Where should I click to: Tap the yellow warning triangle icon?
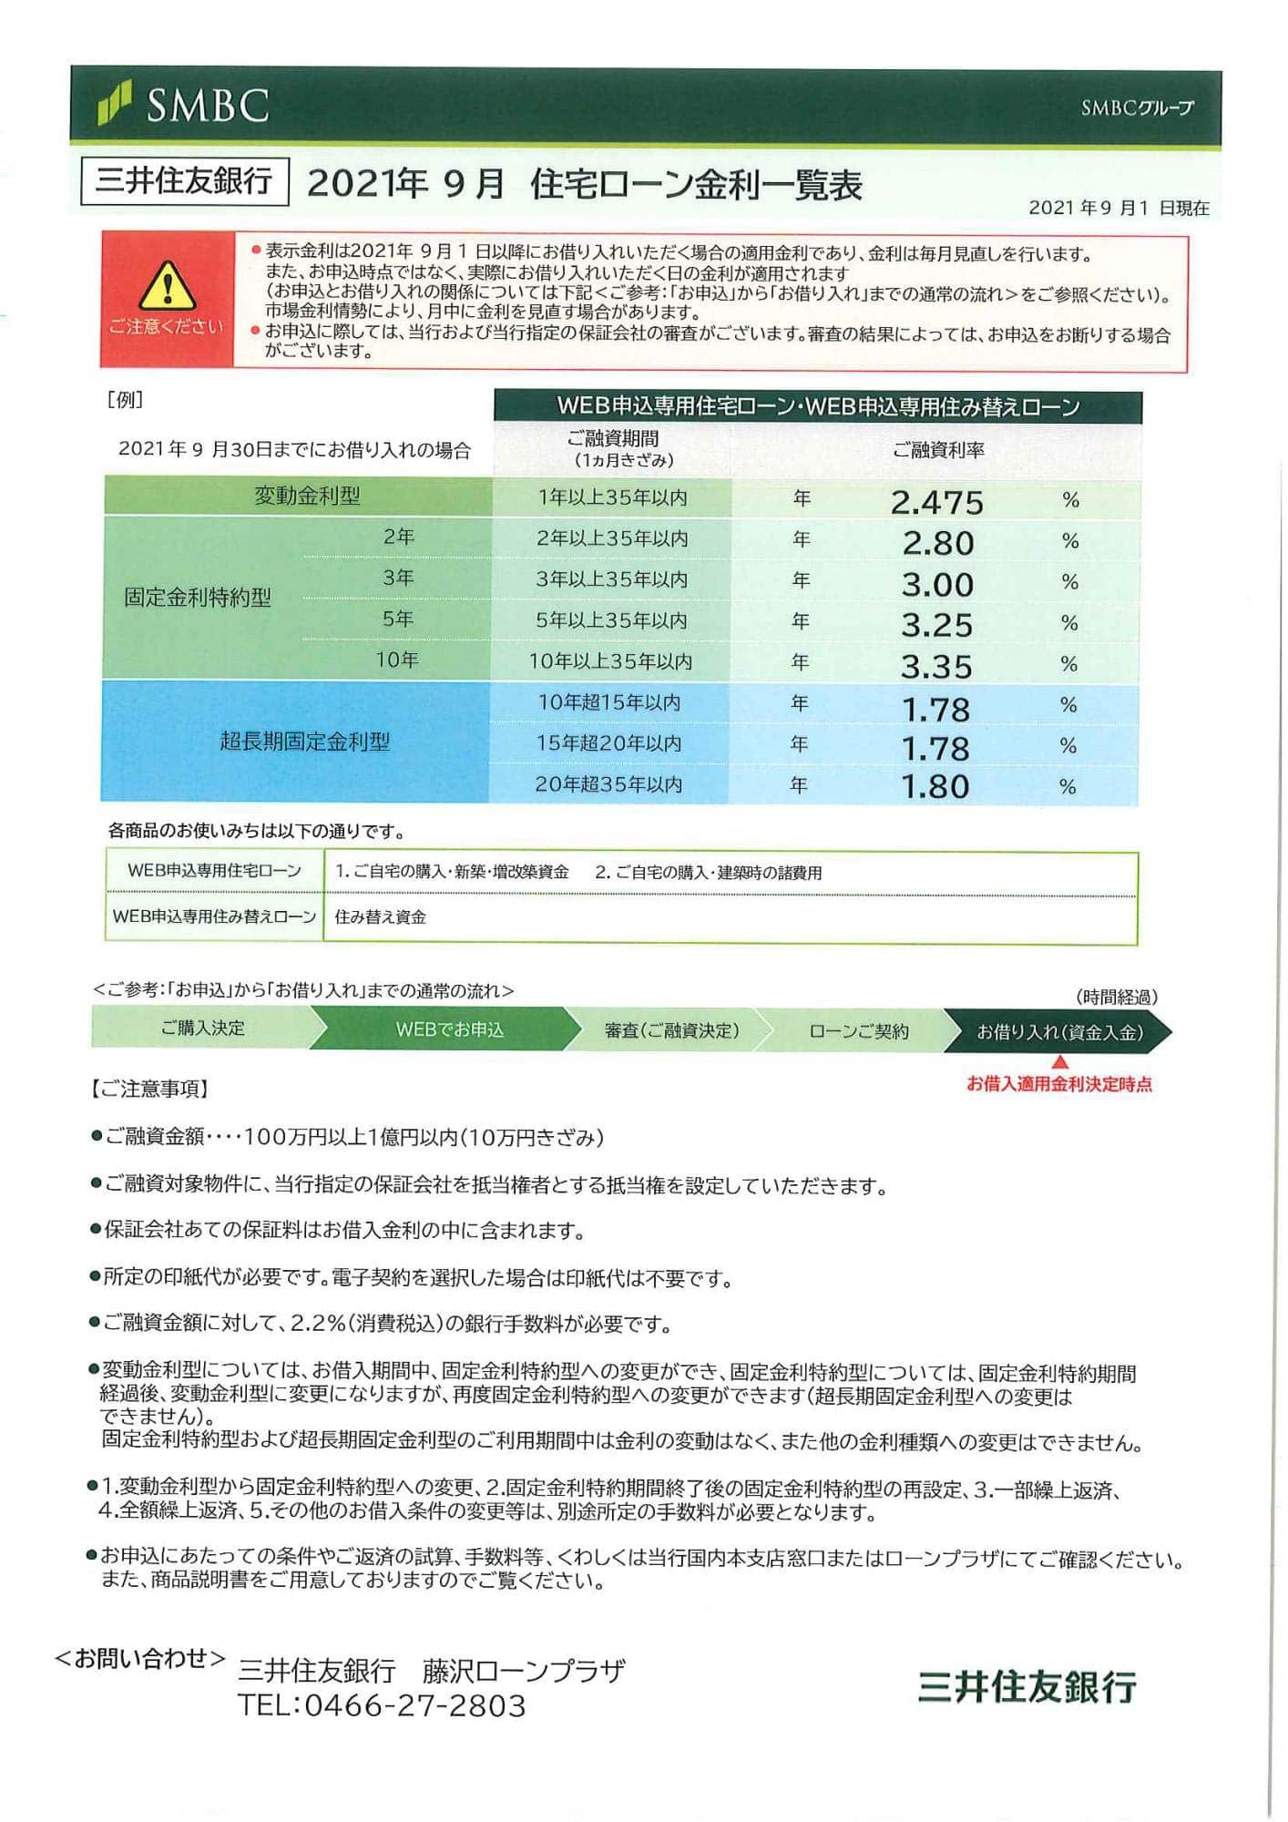point(168,286)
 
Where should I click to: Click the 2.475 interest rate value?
point(936,502)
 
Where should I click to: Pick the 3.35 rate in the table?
point(936,666)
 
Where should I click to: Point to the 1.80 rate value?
point(935,786)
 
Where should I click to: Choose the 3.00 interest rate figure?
point(937,584)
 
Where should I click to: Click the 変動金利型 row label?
point(307,496)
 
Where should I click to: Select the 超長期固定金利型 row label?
point(304,742)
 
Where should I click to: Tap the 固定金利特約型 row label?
point(198,599)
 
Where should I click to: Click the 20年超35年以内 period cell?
point(608,784)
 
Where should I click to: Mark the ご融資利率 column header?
point(937,450)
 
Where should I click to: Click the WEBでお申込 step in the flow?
point(449,1029)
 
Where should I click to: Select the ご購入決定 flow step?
point(202,1029)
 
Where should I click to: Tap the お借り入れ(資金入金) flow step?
point(1059,1032)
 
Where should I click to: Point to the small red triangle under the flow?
point(1059,1062)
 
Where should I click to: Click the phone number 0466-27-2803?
point(415,1705)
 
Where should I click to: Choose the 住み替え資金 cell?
point(381,917)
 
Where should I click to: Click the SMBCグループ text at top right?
point(1137,107)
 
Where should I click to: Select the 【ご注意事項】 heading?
point(150,1089)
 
